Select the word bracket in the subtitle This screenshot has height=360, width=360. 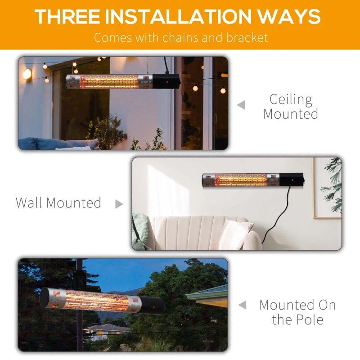point(247,37)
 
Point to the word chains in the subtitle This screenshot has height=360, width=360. point(174,37)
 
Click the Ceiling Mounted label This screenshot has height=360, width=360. point(291,106)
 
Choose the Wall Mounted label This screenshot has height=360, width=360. point(58,203)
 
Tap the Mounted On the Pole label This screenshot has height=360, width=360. point(297,312)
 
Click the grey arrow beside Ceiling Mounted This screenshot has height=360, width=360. point(242,105)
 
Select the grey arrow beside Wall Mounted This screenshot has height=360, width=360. point(119,204)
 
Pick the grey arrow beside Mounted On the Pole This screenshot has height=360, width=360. point(242,305)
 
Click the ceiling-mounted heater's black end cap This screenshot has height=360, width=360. point(167,81)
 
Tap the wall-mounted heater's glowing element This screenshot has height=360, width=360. point(241,180)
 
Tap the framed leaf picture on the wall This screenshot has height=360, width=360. point(328,187)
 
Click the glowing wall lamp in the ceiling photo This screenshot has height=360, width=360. point(27,73)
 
